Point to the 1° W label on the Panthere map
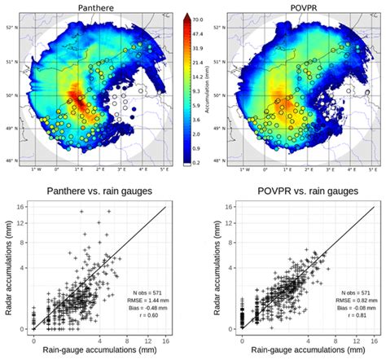[36, 170]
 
